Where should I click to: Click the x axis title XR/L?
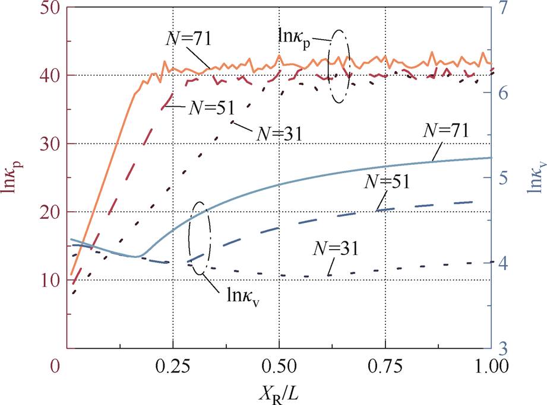pos(277,393)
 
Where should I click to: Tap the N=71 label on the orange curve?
pos(188,39)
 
